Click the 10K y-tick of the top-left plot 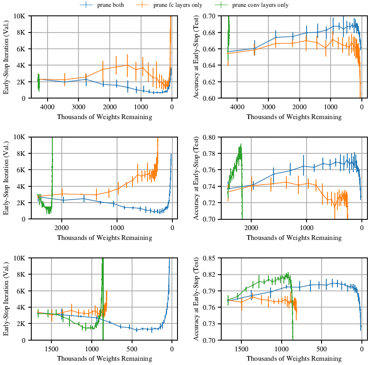coord(22,16)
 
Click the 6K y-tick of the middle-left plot coord(23,170)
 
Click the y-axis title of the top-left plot coord(7,57)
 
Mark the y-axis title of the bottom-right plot coord(196,299)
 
